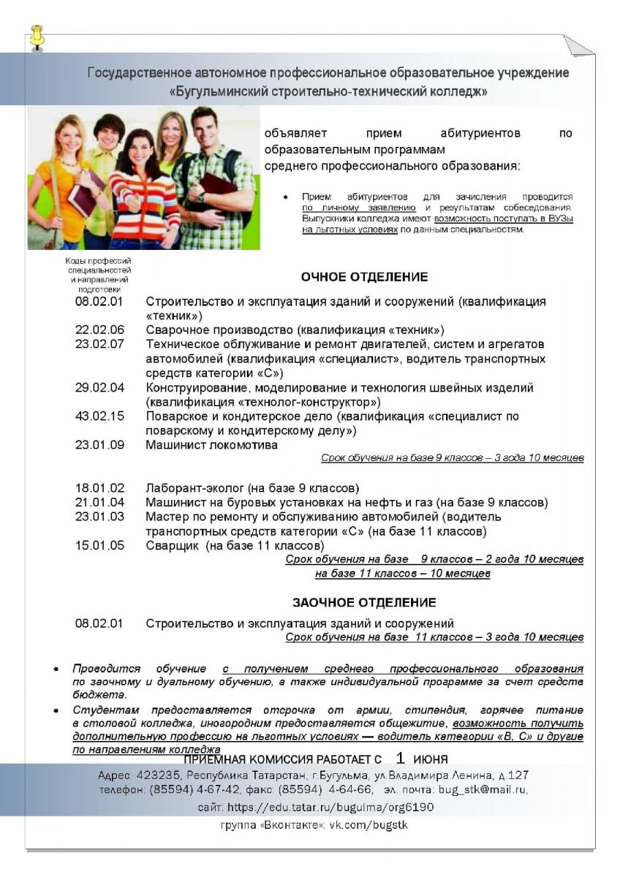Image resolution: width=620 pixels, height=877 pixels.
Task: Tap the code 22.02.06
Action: click(x=99, y=330)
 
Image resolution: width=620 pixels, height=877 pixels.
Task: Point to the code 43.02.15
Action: click(x=99, y=416)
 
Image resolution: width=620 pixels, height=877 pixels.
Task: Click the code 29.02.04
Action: click(x=99, y=387)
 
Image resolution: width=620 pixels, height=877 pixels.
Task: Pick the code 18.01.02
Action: click(x=99, y=487)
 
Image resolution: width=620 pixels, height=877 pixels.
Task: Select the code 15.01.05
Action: click(x=99, y=545)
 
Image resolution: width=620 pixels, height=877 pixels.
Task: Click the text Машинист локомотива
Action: click(x=211, y=445)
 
